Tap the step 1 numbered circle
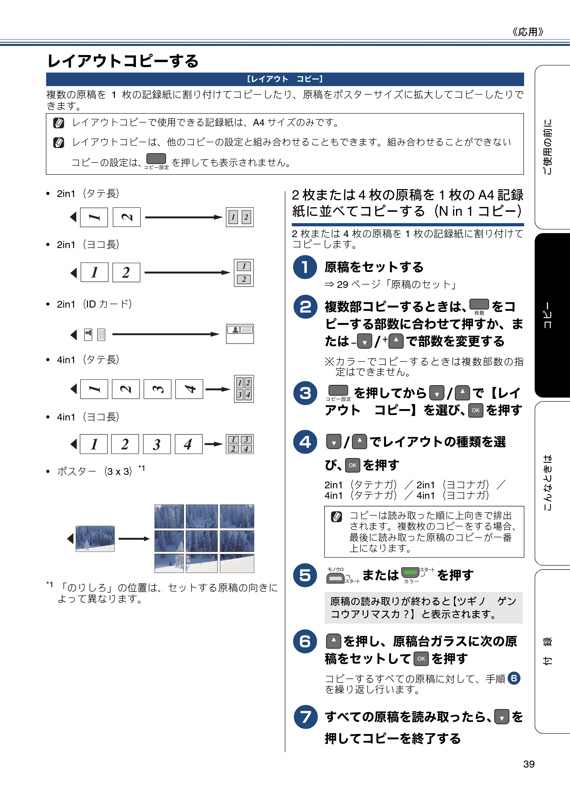(305, 267)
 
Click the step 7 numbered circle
(305, 717)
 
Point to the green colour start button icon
(410, 573)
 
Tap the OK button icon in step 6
(421, 659)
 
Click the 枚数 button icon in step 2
(479, 304)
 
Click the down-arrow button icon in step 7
(502, 717)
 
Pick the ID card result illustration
(240, 334)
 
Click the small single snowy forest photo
(95, 538)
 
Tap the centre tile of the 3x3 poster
(202, 541)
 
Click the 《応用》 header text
(528, 32)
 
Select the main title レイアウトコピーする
(123, 61)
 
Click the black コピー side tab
(552, 315)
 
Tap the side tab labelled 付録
(552, 651)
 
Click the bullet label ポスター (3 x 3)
(95, 471)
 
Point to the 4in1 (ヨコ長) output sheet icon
(240, 444)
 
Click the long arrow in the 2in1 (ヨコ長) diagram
(187, 273)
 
